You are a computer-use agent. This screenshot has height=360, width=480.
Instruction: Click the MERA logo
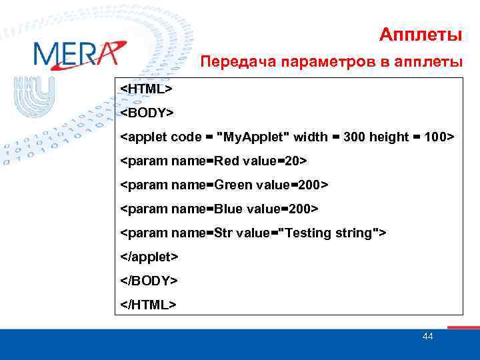point(79,55)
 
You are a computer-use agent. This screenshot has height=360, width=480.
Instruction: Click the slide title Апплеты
point(421,34)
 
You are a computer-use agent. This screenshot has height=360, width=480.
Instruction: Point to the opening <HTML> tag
point(147,89)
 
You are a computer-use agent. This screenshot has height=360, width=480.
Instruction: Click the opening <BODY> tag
point(147,113)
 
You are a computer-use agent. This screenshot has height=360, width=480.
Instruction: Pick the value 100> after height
point(437,137)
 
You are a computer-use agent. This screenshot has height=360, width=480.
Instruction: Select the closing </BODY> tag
point(149,281)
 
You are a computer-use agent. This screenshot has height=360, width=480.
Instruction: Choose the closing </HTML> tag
point(149,305)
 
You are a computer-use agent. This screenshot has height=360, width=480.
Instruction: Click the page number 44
point(428,336)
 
